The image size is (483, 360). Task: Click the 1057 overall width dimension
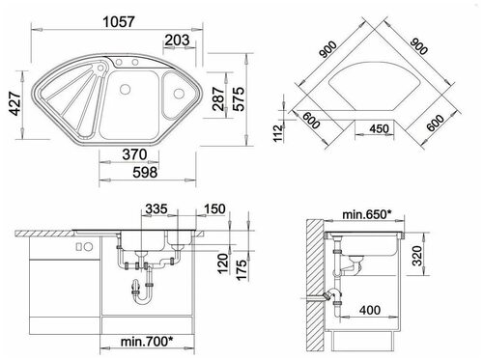[x=119, y=22]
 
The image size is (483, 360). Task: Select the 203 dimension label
[x=177, y=41]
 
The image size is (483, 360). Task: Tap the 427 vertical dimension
[x=15, y=103]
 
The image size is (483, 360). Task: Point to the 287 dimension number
[x=218, y=98]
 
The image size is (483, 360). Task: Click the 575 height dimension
[x=239, y=98]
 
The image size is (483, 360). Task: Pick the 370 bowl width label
[x=134, y=154]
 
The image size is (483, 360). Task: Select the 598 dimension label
[x=145, y=173]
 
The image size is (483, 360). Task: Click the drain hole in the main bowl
[x=125, y=89]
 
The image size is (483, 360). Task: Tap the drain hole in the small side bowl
[x=178, y=94]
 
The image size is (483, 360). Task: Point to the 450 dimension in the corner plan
[x=380, y=128]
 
